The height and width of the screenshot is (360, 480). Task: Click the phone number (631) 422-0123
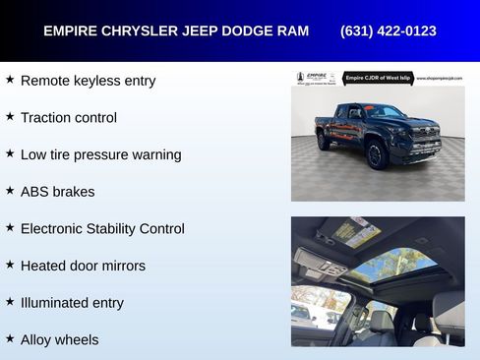pos(388,30)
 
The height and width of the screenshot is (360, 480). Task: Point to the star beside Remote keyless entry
pos(10,79)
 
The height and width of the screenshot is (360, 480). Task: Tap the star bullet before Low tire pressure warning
pos(10,153)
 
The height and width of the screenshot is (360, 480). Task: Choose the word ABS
pos(34,192)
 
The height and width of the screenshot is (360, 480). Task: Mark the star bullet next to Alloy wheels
pos(10,338)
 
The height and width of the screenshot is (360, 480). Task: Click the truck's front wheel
pos(376,153)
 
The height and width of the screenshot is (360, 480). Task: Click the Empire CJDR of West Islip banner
pos(378,78)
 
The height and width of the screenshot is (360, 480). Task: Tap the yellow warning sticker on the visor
pos(356,233)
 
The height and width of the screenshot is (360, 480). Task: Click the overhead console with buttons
pos(322,264)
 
